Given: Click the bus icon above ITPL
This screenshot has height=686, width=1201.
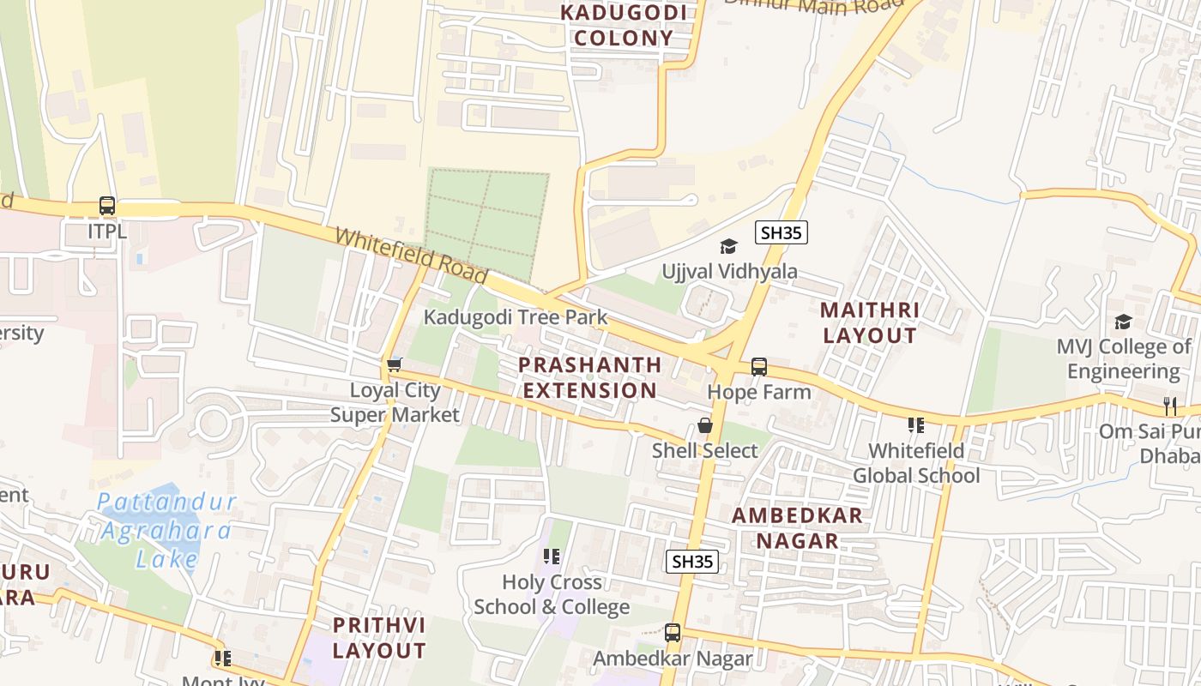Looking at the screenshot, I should click(107, 206).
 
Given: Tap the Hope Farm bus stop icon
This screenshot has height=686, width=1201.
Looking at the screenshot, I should click(759, 367).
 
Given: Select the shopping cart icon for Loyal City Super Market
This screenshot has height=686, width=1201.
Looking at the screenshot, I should click(395, 365).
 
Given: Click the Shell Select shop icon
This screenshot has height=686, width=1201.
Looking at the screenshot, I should click(705, 425).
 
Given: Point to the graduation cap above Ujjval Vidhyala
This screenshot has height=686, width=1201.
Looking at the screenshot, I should click(728, 247).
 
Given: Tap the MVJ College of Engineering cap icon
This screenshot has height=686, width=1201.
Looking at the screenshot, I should click(1123, 322).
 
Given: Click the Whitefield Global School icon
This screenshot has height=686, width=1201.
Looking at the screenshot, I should click(915, 425).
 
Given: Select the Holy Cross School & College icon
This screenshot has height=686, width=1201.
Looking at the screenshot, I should click(552, 557).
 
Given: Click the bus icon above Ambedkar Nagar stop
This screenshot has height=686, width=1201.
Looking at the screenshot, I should click(673, 633).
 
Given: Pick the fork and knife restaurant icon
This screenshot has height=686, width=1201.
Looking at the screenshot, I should click(1170, 406).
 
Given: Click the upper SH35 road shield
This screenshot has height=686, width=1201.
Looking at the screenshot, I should click(782, 232).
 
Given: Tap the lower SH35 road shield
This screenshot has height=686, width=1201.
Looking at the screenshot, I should click(692, 562).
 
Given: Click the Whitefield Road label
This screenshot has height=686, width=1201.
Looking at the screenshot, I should click(411, 256).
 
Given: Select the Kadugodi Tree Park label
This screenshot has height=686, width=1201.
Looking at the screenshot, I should click(516, 317).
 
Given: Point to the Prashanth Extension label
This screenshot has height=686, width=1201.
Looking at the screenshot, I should click(590, 377).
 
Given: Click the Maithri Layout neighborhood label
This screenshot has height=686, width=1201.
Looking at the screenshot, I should click(870, 322).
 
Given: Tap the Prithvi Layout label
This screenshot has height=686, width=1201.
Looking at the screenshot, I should click(378, 637).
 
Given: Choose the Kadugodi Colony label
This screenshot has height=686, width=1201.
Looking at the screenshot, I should click(624, 26).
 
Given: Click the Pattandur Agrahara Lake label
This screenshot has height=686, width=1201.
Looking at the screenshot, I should click(166, 531).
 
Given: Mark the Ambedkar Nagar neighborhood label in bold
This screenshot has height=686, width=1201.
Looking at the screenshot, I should click(797, 528).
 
